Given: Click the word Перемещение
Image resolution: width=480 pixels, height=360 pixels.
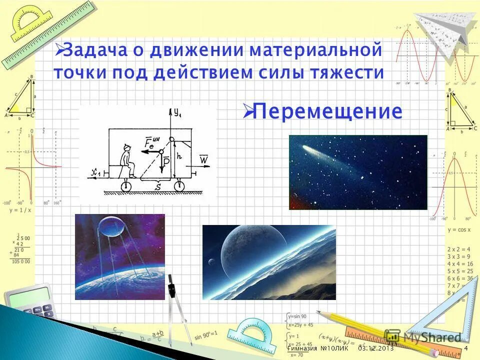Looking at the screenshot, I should [x=327, y=111].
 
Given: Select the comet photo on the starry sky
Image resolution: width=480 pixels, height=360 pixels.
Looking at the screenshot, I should [x=358, y=172].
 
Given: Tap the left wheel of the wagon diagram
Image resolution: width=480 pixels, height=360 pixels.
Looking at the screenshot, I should [x=125, y=186].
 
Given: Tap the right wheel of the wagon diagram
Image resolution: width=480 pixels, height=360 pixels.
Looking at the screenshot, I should [x=178, y=186].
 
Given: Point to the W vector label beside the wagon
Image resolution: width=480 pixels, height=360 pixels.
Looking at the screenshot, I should [x=203, y=159].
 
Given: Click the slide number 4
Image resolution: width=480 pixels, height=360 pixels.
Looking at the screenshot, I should [x=466, y=348].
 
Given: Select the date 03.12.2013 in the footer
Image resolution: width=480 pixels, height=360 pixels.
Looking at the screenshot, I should [x=375, y=348].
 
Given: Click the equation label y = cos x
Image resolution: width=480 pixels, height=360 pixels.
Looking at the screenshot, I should [x=459, y=229].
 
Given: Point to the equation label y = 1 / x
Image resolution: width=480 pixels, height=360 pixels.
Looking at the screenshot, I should [x=20, y=210].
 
